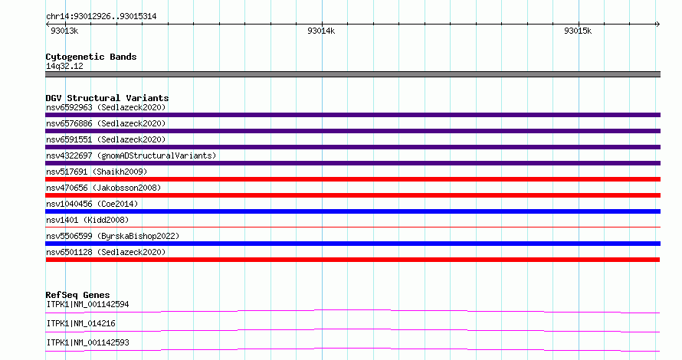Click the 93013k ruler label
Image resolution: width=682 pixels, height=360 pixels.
click(64, 31)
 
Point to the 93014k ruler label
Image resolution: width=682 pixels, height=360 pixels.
click(321, 31)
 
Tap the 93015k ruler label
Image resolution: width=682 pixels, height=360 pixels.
click(578, 31)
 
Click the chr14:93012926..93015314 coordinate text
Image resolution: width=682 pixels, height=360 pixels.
click(101, 17)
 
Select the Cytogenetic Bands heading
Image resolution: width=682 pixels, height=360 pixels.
click(91, 57)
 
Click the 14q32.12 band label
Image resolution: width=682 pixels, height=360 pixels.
click(64, 66)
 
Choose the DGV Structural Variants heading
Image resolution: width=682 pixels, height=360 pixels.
click(107, 98)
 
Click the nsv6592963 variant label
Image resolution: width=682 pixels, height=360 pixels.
click(106, 107)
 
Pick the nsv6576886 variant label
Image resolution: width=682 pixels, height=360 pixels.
click(106, 123)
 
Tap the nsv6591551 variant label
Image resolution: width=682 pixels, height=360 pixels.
click(106, 139)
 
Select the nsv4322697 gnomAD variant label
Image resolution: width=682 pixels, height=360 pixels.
click(131, 155)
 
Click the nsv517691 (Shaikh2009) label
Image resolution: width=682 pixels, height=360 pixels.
click(97, 172)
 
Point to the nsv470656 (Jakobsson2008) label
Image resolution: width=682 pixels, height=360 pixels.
click(103, 188)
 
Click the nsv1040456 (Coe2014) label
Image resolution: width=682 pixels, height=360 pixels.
click(92, 204)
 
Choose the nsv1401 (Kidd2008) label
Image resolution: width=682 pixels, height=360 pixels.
click(87, 220)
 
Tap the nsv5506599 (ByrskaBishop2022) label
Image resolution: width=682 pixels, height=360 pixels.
click(113, 236)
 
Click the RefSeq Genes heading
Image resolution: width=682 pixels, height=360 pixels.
click(77, 295)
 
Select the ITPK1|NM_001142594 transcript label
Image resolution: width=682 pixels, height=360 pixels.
click(87, 304)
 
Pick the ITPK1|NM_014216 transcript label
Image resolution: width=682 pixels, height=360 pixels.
click(80, 323)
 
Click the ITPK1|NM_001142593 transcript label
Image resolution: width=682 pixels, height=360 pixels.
click(87, 342)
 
